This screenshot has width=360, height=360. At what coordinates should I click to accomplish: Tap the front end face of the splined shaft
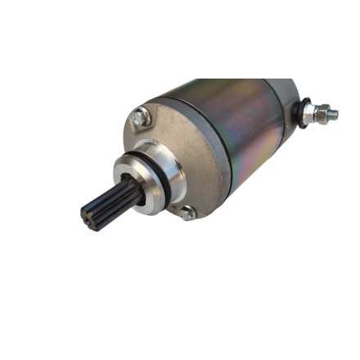click(91, 215)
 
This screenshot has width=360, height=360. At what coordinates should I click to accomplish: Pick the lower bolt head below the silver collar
click(187, 214)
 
